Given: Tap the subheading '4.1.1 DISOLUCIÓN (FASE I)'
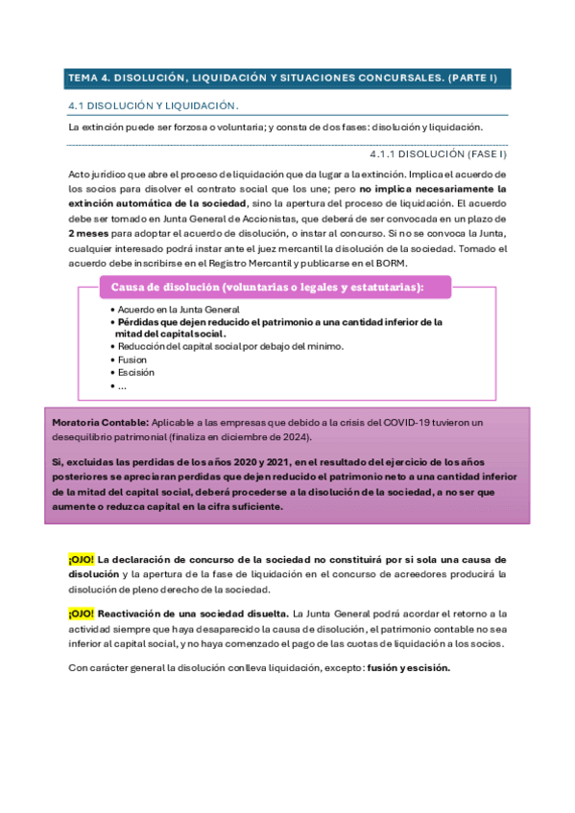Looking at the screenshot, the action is (438, 153).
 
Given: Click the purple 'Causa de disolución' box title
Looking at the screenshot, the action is (268, 287).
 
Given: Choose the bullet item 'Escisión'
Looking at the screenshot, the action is (137, 372).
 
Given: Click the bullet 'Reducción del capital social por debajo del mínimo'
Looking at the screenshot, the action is (230, 346).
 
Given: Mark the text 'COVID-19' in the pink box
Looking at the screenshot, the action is (406, 422).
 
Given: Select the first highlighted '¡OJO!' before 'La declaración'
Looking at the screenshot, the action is (81, 559).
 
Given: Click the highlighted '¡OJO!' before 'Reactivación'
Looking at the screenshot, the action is (81, 613).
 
